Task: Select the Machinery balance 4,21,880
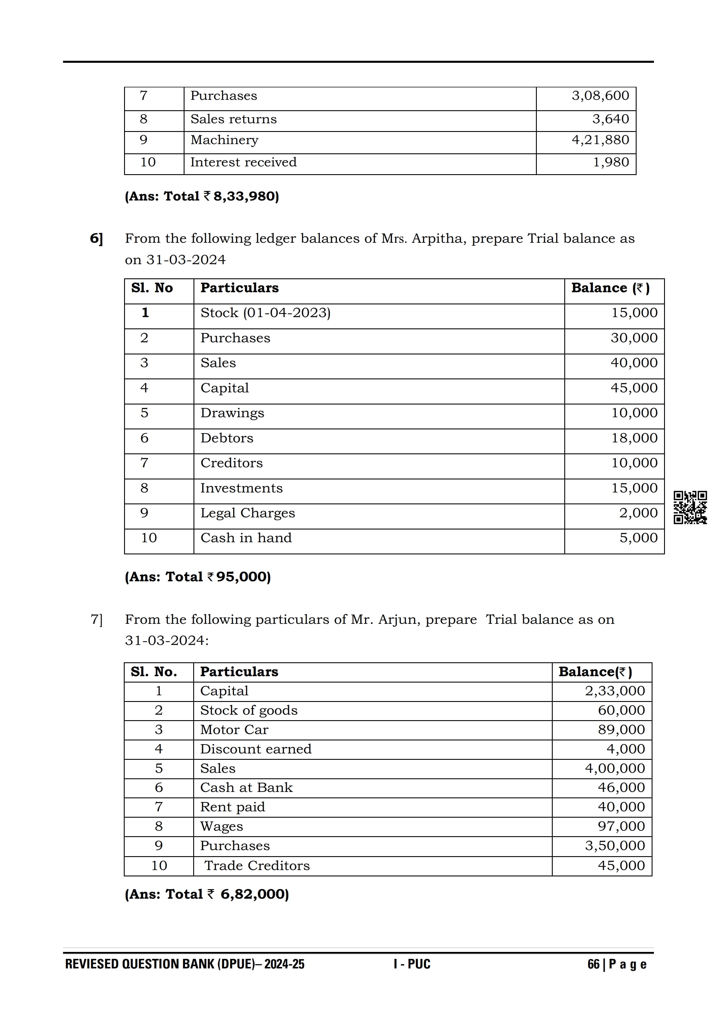(x=600, y=140)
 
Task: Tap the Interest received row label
(x=244, y=162)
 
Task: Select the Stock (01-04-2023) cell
(x=266, y=313)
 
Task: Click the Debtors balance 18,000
(x=634, y=438)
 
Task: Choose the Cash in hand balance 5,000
(x=638, y=538)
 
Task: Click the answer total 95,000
(x=243, y=577)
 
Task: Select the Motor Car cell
(x=234, y=730)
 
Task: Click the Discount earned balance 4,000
(x=626, y=749)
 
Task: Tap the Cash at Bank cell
(x=246, y=788)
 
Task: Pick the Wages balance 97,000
(x=621, y=826)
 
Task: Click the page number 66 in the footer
(x=593, y=964)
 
